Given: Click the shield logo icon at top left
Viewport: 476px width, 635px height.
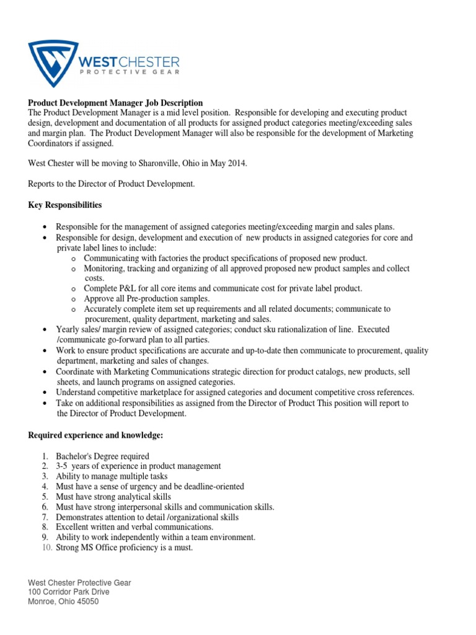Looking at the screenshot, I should point(54,64).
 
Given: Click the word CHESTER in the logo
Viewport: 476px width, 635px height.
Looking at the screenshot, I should point(151,61).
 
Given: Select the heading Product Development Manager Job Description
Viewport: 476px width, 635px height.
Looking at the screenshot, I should point(115,103).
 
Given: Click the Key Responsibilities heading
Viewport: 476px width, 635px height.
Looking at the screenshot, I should point(65,205).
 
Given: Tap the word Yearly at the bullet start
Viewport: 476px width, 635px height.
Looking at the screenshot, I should point(68,329).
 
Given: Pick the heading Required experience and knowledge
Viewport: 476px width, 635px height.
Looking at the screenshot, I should point(95,436).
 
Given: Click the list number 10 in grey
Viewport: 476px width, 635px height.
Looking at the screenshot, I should point(46,548).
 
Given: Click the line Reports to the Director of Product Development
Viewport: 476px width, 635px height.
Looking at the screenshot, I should point(112,184).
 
